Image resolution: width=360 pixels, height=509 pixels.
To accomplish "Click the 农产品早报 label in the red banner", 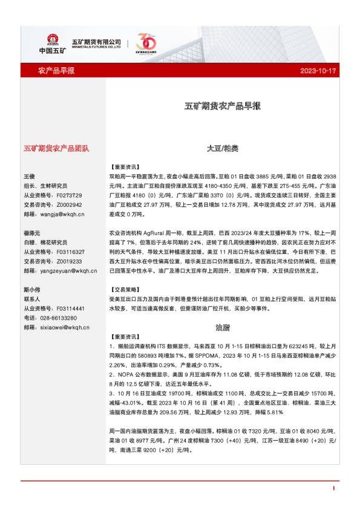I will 56,71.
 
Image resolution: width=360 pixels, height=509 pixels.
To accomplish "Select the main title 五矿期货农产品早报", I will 223,106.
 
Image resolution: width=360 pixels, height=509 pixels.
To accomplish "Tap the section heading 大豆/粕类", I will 223,148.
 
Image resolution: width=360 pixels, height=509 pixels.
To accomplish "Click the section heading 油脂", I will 223,327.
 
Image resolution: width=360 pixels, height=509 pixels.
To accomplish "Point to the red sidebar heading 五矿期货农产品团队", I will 56,148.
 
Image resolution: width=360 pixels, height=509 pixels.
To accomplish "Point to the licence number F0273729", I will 68,195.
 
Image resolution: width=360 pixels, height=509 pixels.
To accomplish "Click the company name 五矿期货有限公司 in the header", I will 96,41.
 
